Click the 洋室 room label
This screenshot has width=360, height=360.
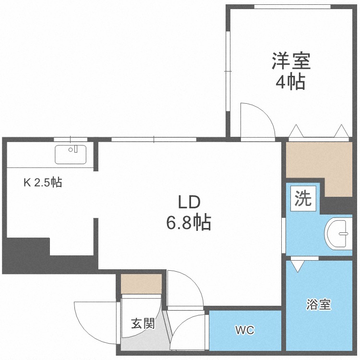coord(291,61)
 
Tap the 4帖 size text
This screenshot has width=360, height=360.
coord(290,81)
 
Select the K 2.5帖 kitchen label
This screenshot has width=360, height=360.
coord(43,182)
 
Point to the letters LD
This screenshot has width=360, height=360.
coord(190,202)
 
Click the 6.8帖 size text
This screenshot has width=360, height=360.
coord(189,223)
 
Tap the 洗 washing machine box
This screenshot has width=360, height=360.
coord(303,198)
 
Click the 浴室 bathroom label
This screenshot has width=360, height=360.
coord(318,304)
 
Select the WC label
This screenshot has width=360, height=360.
coord(245,330)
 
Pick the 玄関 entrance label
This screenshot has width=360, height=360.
coord(143,324)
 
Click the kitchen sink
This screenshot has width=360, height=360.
coord(71,154)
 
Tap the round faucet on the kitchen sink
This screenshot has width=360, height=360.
coord(71,150)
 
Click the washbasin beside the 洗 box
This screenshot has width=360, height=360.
coord(338,233)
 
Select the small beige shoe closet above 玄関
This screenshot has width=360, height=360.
coord(142,284)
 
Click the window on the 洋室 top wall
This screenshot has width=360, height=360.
coord(292,7)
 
